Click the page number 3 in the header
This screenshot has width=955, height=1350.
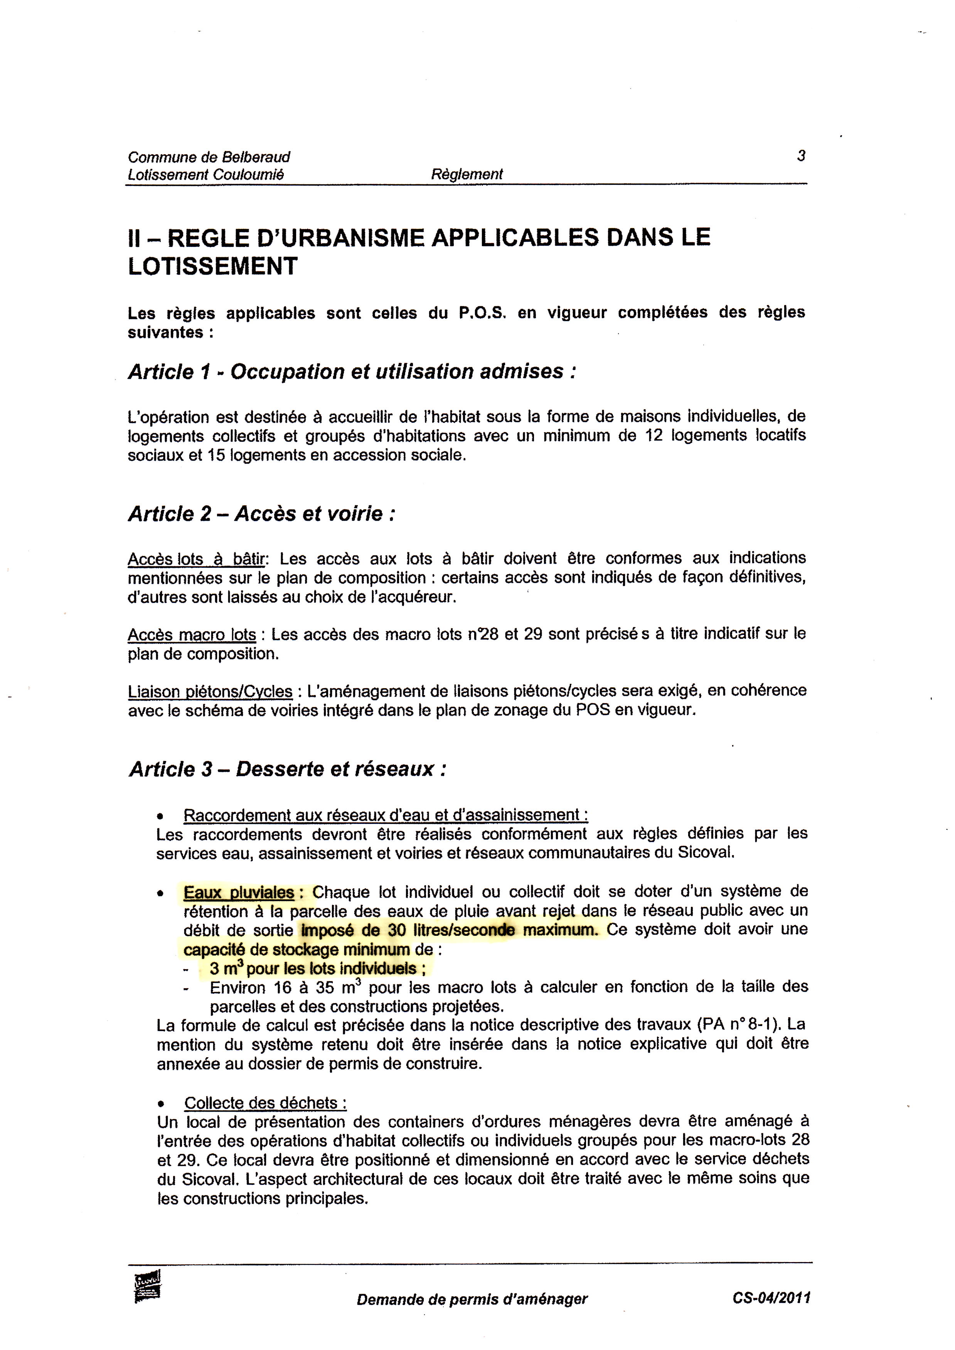click(x=801, y=156)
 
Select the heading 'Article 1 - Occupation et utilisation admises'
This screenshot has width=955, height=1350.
click(x=352, y=372)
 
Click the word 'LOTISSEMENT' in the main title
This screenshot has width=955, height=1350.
click(x=213, y=267)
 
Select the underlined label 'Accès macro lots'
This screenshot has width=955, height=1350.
click(x=192, y=635)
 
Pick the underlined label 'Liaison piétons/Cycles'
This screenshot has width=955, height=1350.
click(x=210, y=691)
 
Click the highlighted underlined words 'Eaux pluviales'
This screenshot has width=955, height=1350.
click(x=239, y=893)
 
